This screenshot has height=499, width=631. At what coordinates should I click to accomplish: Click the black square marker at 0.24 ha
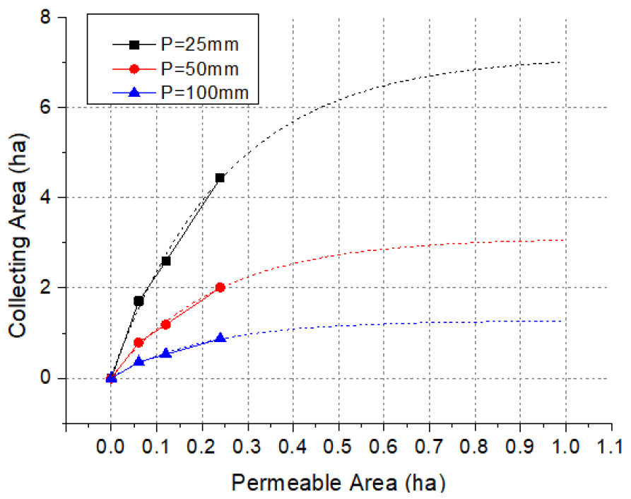(x=220, y=177)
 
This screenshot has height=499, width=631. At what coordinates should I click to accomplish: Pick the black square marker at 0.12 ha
(x=166, y=261)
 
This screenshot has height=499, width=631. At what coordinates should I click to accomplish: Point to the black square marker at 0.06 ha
(x=138, y=301)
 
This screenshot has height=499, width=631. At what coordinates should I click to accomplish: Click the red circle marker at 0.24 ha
(x=220, y=288)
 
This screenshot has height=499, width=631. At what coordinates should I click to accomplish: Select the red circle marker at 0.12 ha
(x=166, y=324)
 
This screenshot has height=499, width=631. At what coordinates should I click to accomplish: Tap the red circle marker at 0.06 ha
(x=138, y=342)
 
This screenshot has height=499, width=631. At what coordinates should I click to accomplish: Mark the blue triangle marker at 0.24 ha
(x=220, y=338)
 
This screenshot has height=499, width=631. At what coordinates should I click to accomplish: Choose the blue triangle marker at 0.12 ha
(x=166, y=353)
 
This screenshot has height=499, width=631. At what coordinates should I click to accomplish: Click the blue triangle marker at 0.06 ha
(x=138, y=360)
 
